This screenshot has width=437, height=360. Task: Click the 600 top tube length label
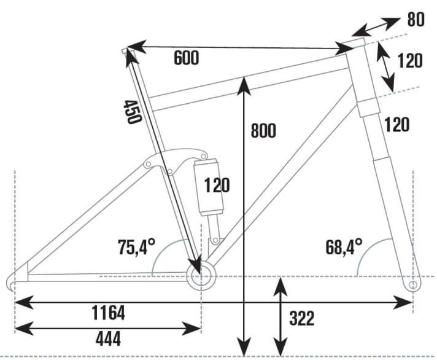(x=187, y=58)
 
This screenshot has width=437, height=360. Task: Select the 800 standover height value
(x=264, y=131)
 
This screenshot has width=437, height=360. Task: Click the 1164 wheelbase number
(x=108, y=313)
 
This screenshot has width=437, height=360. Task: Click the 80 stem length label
(x=416, y=19)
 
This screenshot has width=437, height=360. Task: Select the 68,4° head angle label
(x=344, y=248)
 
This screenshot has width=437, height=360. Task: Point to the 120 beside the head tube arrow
(x=410, y=61)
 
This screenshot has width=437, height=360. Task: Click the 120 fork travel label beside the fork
(x=397, y=125)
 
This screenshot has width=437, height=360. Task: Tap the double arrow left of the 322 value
(x=280, y=315)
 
